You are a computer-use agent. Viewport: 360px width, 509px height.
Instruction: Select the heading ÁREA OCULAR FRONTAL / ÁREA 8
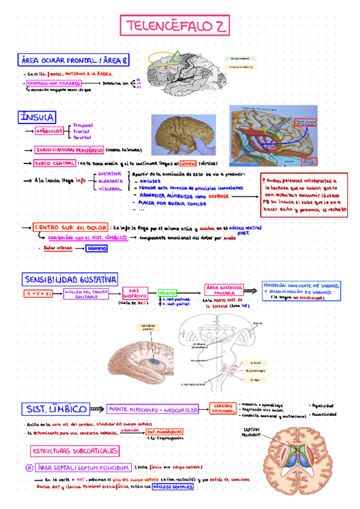tap(74, 60)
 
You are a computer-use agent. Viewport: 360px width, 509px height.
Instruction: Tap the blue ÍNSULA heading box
tap(38, 117)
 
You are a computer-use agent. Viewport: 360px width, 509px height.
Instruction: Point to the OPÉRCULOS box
tap(50, 130)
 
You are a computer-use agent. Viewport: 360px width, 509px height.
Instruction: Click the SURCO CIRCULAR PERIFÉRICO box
tap(69, 149)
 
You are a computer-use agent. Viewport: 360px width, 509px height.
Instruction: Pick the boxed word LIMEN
tap(188, 163)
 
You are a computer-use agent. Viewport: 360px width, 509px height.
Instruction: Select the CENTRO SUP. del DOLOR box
tap(62, 228)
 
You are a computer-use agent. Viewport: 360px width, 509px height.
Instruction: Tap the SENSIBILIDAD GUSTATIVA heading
tap(71, 279)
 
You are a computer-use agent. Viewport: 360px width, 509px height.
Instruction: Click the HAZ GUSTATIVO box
tap(135, 294)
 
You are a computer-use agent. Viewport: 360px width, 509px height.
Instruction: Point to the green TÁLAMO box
tap(167, 292)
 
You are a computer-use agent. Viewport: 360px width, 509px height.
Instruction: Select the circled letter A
tap(28, 467)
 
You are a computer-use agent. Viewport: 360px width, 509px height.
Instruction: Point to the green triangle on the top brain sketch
tap(177, 58)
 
